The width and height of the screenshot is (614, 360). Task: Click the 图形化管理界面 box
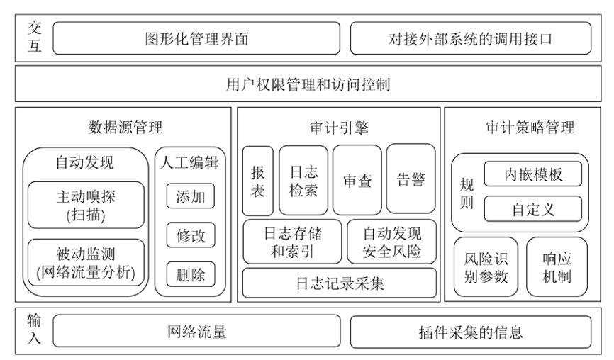(196, 38)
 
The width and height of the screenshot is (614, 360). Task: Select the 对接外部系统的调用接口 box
(470, 38)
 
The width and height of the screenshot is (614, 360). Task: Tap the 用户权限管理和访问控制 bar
(308, 85)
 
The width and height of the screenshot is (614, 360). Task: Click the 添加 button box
(191, 196)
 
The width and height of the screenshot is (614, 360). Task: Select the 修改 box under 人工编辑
(191, 235)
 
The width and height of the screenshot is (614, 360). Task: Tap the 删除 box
(191, 274)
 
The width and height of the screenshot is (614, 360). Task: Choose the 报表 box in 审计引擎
(257, 181)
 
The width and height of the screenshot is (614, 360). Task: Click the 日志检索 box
(303, 181)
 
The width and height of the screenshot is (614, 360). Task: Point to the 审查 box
(357, 180)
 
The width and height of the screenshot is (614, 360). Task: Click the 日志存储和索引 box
(293, 241)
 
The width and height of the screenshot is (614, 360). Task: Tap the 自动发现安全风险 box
(392, 241)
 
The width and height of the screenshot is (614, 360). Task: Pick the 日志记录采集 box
(340, 283)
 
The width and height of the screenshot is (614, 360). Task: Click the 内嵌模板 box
(533, 174)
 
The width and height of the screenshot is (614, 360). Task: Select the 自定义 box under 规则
(533, 209)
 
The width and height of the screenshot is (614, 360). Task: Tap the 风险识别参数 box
(486, 266)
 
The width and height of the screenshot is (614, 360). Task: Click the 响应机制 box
(557, 266)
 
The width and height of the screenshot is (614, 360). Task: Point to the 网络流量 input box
(196, 332)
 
